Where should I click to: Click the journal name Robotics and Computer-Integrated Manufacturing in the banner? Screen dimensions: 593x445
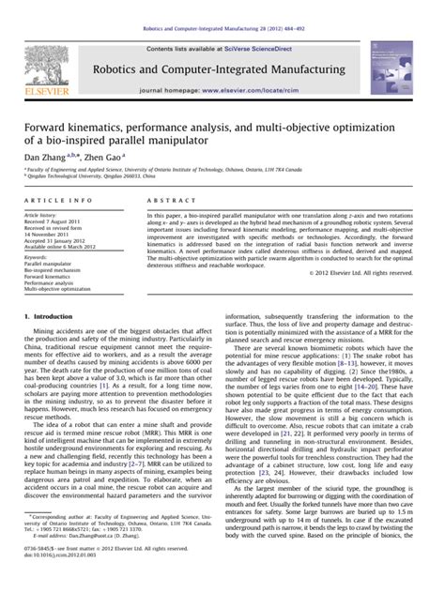[222, 70]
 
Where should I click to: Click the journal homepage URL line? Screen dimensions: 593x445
[222, 96]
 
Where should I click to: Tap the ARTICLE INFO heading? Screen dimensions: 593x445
[57, 200]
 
